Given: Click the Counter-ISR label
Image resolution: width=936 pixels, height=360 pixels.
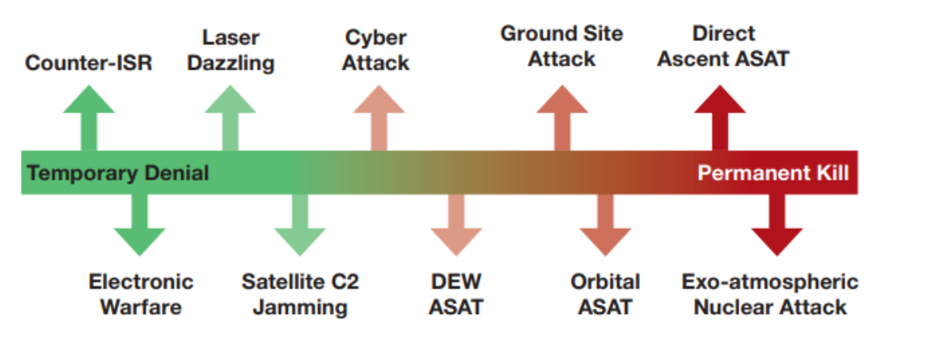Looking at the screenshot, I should point(88,63).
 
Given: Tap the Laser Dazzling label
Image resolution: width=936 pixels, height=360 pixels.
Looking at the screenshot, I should point(231,49).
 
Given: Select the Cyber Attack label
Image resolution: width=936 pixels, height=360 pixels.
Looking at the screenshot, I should point(375,49).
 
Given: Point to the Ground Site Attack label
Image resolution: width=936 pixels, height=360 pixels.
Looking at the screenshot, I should point(561,46).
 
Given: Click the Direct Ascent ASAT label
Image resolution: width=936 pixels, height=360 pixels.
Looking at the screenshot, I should point(722,46).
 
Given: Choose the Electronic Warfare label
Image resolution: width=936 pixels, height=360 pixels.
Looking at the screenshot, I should point(141,294).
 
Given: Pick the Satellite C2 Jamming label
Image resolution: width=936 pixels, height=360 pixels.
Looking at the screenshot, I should point(299,294).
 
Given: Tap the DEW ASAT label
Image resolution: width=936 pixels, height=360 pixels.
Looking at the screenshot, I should point(456,294).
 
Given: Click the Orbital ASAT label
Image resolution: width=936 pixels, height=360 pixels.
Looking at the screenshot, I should point(605,294).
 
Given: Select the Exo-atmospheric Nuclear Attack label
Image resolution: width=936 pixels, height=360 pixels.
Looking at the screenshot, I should point(770,294).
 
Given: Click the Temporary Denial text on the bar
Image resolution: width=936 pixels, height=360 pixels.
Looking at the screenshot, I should point(118,173).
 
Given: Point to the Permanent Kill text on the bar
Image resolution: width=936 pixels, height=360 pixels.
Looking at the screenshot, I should point(773,173).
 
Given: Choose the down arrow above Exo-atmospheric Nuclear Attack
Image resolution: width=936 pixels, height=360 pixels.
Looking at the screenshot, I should point(777,227).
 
